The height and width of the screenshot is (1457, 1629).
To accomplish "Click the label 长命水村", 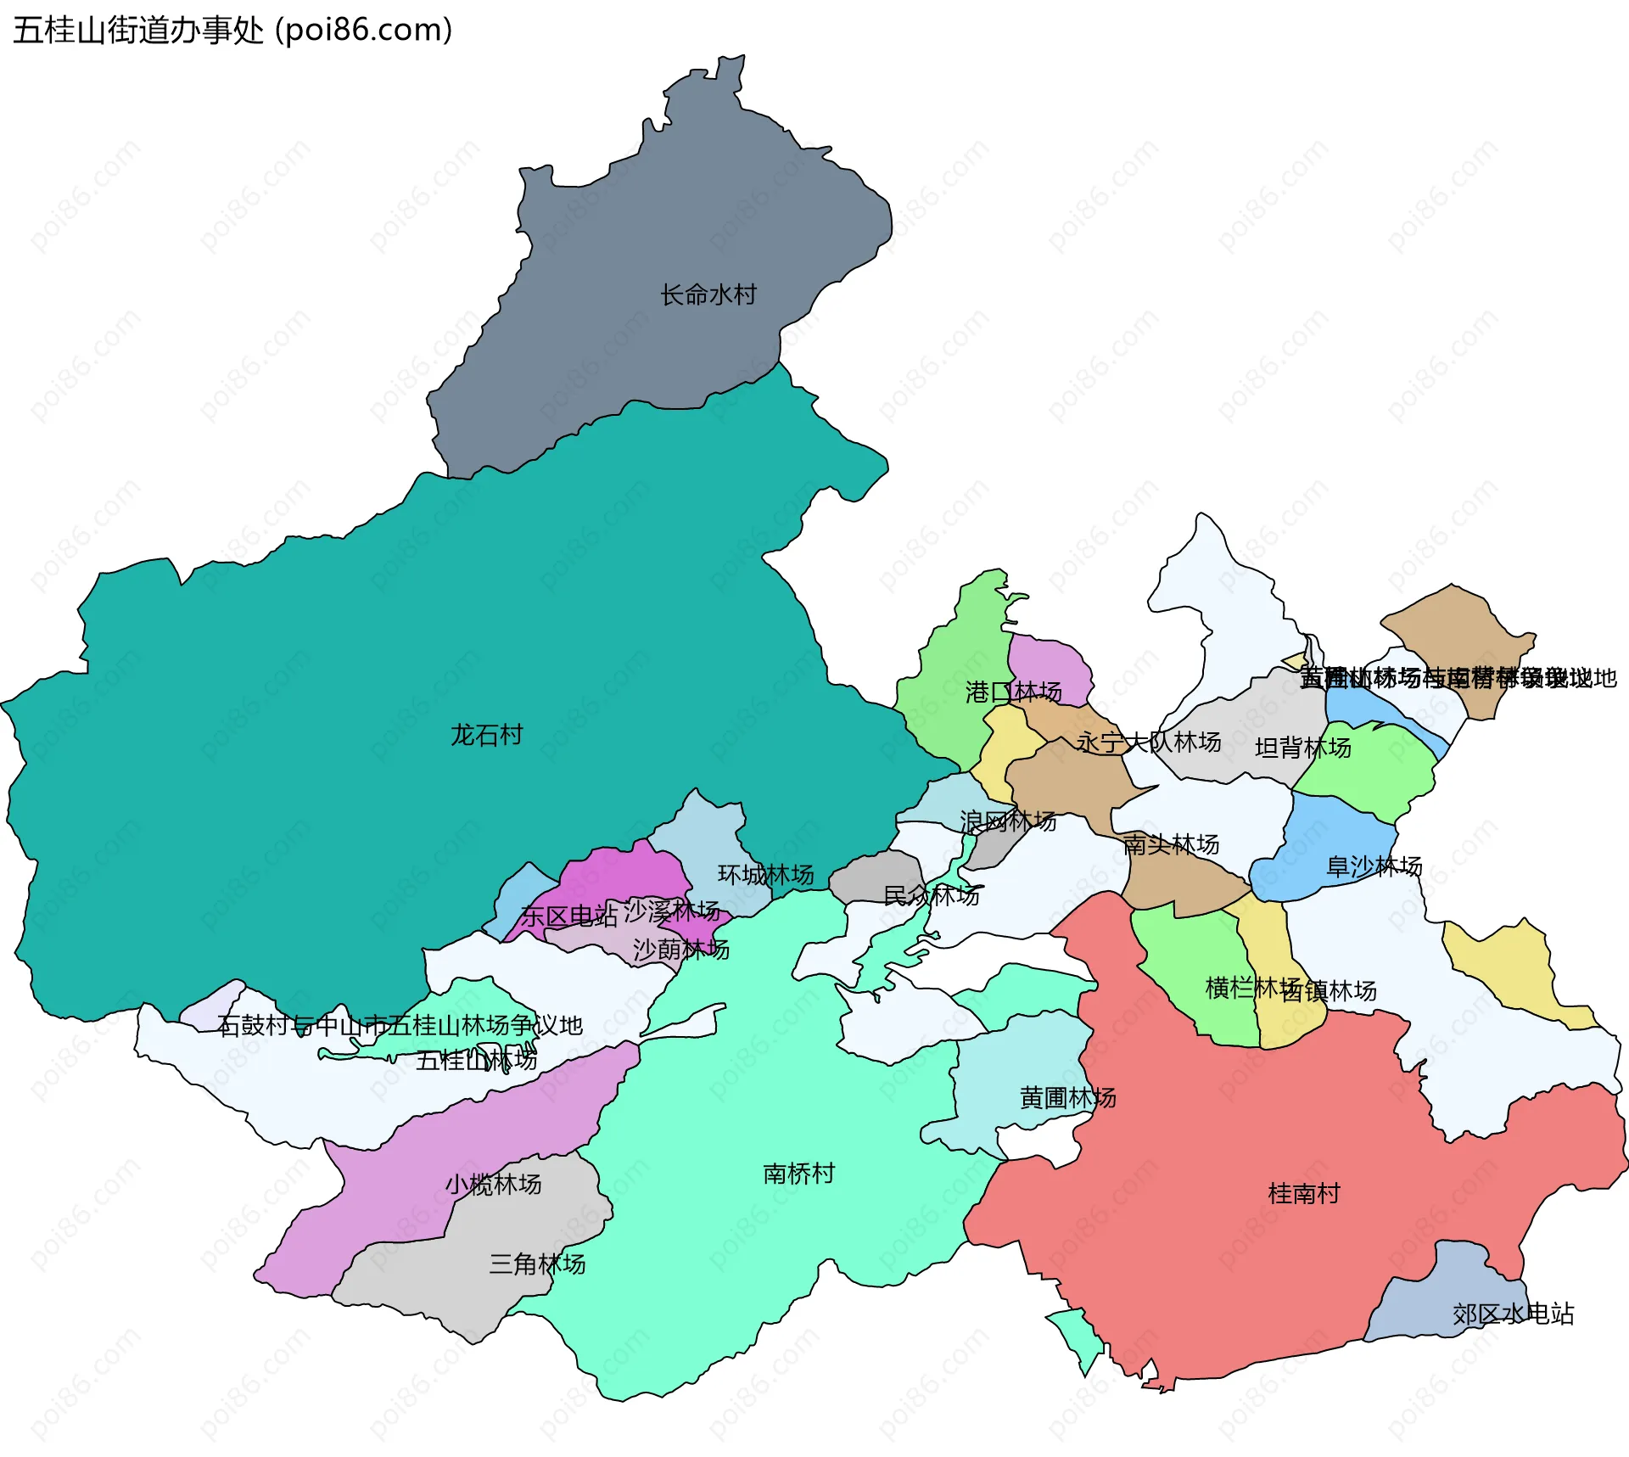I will click(x=708, y=295).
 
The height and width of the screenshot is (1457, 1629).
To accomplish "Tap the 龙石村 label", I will click(x=487, y=735).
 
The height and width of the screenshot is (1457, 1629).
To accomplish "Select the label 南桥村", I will click(x=799, y=1174).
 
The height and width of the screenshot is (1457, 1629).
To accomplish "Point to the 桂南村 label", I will click(x=1304, y=1194).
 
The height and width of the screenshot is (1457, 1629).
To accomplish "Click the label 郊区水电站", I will click(x=1513, y=1314).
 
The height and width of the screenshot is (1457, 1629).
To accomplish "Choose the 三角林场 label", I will click(x=537, y=1264).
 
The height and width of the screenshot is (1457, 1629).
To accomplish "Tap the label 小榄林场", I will click(x=493, y=1185).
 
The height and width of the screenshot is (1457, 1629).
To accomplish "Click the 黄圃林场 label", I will click(x=1067, y=1098).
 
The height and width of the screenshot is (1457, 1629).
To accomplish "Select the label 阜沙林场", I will click(x=1374, y=866).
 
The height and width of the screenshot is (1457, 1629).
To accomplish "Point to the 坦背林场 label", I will click(x=1302, y=748).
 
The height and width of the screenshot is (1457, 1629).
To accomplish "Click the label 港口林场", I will click(x=1013, y=692).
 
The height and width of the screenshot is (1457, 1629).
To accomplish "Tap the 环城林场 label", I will click(x=765, y=875).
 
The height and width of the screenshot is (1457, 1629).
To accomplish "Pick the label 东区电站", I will click(x=568, y=916).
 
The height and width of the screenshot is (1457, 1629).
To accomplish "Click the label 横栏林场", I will click(x=1252, y=988).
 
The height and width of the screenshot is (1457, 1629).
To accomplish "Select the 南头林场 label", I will click(x=1171, y=844).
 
